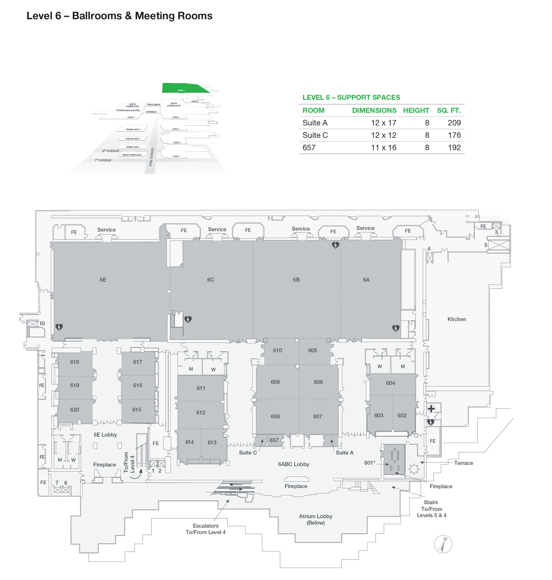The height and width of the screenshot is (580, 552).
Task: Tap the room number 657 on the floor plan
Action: (x=274, y=440)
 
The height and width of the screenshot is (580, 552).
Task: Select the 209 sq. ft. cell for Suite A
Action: (x=454, y=123)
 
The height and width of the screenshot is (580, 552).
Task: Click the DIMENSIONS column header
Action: (x=374, y=110)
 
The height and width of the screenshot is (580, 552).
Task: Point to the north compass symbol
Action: (x=443, y=544)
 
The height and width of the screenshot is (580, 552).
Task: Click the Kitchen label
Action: (x=456, y=319)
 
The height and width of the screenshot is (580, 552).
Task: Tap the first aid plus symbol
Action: (x=431, y=408)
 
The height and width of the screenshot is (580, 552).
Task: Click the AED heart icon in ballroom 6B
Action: (x=335, y=245)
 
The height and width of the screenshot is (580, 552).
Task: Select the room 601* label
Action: (x=370, y=463)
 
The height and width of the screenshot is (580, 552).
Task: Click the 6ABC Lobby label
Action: (x=293, y=464)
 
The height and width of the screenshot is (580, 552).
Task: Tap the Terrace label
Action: (x=463, y=463)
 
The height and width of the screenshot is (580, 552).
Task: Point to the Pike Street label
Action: (x=152, y=157)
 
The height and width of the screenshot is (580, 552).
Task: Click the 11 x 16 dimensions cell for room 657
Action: (x=383, y=147)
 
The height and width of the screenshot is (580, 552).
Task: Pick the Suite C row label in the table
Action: (x=315, y=135)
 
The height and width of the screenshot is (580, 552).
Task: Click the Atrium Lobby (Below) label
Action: (x=316, y=519)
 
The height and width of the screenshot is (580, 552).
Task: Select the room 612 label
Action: (x=201, y=413)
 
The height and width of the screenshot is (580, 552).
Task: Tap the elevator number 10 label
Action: (x=42, y=324)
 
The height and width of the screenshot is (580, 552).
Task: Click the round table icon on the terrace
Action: (x=414, y=468)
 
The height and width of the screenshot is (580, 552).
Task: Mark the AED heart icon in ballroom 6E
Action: (x=59, y=327)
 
